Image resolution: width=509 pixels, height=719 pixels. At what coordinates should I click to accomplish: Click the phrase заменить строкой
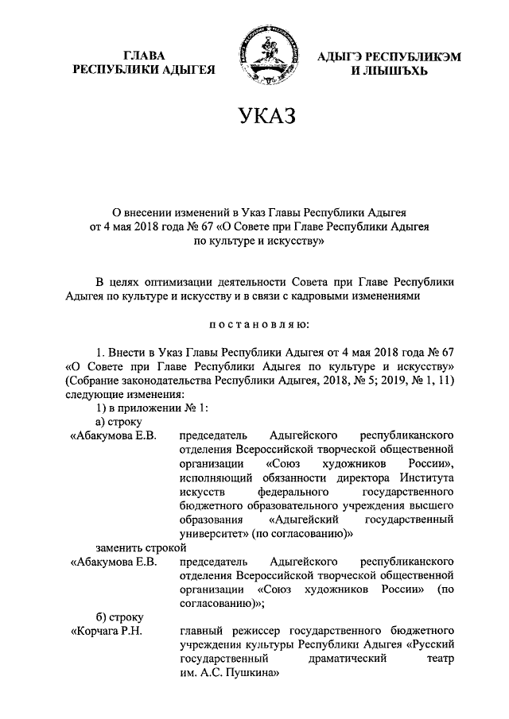click(x=141, y=547)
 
